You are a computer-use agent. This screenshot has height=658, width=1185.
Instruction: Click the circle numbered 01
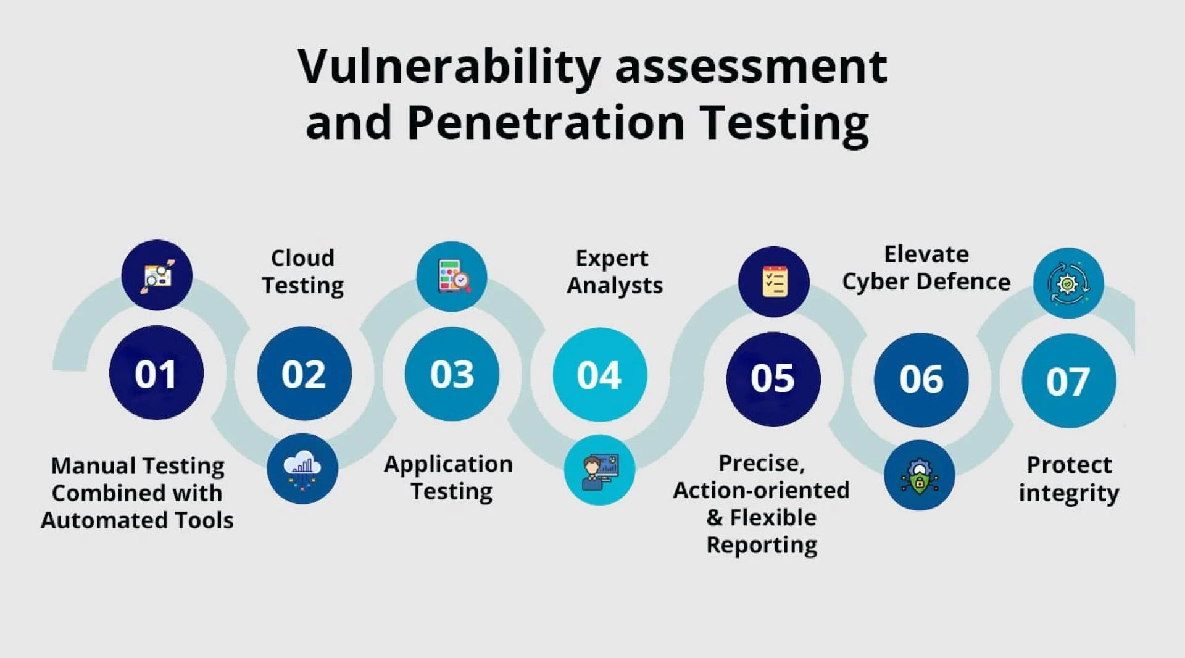click(156, 373)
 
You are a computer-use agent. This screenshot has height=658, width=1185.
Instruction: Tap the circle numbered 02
click(304, 374)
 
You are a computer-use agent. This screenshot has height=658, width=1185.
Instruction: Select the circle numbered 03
click(452, 374)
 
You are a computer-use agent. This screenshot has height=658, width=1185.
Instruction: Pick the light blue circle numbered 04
click(599, 375)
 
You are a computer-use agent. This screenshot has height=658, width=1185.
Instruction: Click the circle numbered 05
click(773, 378)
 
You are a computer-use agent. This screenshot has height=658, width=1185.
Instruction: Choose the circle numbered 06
click(921, 379)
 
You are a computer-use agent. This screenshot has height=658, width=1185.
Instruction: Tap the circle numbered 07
click(1068, 381)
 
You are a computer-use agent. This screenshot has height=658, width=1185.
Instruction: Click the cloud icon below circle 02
click(302, 469)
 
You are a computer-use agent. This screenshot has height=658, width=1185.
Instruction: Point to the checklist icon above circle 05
click(773, 281)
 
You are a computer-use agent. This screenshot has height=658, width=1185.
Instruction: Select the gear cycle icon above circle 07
click(1068, 283)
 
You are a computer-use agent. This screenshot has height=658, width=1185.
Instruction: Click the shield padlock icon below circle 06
click(919, 475)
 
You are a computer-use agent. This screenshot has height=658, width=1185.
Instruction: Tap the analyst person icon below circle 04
click(599, 470)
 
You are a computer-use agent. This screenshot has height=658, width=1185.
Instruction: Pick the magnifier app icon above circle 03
click(452, 276)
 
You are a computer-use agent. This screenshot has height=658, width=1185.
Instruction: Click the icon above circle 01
click(157, 275)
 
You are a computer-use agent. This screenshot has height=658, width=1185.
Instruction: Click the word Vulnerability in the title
click(449, 67)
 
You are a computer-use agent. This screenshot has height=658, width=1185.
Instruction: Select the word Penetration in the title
click(546, 122)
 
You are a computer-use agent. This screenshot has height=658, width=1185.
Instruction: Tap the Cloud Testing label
click(302, 272)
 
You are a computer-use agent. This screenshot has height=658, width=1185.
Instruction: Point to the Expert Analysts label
click(614, 272)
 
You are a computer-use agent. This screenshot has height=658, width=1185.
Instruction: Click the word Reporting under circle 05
click(762, 545)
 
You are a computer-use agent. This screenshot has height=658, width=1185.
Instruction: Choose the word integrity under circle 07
click(1068, 493)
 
